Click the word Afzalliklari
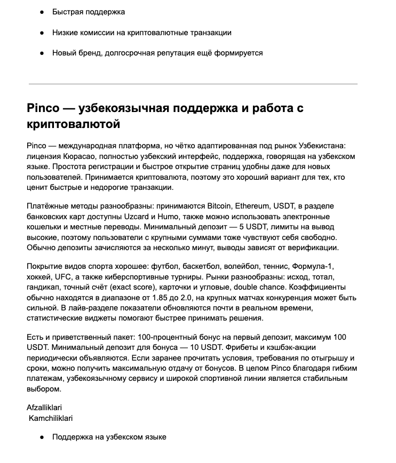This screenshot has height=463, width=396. point(44,408)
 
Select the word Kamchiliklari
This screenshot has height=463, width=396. point(51,418)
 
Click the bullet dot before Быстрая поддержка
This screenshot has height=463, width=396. point(42,12)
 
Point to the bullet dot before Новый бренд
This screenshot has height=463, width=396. point(42,53)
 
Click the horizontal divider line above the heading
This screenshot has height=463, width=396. point(193,84)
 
